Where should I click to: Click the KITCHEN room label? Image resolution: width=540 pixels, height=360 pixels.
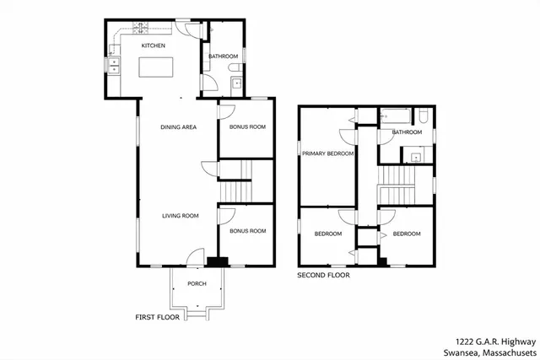pos(153,46)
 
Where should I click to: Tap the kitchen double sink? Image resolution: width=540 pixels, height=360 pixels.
pos(113,66)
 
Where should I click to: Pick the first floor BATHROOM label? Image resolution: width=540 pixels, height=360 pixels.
pos(223,56)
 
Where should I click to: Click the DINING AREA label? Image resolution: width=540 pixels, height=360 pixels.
pos(179,127)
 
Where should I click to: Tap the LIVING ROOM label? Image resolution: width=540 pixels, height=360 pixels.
pos(181,216)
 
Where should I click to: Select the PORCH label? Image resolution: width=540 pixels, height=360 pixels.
pos(197,283)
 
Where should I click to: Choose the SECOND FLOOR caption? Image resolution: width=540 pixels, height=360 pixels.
pos(322,275)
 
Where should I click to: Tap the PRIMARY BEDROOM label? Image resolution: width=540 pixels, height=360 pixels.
pos(328,154)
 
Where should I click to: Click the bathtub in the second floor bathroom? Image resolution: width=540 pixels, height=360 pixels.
pos(397,116)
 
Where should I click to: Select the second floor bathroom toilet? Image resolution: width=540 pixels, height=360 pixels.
pos(425,117)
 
